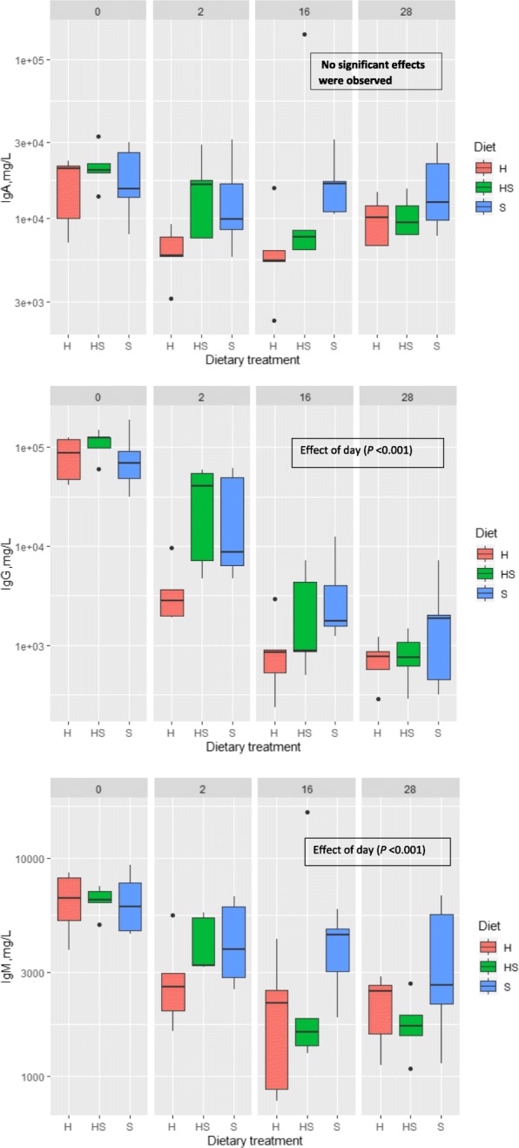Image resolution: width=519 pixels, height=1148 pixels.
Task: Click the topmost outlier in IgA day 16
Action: click(304, 35)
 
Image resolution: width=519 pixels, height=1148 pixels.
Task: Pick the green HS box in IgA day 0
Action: click(98, 168)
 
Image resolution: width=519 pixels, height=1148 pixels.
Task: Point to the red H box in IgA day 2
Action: click(171, 246)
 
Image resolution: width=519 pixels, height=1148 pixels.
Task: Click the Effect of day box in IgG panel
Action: click(367, 451)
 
